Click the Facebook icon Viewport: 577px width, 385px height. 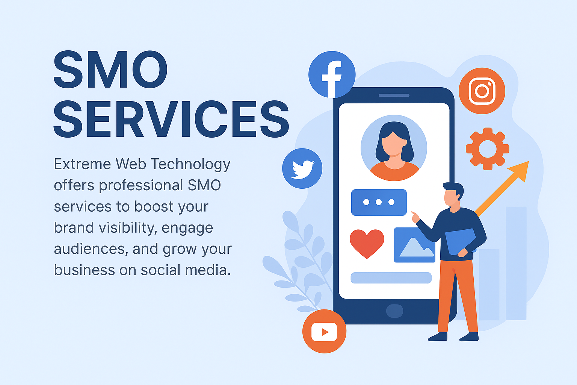[332, 74]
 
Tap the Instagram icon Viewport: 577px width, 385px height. [482, 91]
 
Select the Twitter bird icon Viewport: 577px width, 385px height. [302, 168]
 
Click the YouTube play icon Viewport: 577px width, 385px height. [324, 331]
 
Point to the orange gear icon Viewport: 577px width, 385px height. [487, 149]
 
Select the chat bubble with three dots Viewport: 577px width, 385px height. [379, 202]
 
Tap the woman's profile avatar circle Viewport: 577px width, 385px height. [394, 148]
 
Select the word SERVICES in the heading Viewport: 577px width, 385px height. [171, 119]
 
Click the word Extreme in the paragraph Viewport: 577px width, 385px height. [82, 164]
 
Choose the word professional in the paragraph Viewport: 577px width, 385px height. [141, 185]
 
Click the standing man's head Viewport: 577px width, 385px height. [452, 195]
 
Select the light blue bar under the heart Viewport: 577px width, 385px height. [391, 278]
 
